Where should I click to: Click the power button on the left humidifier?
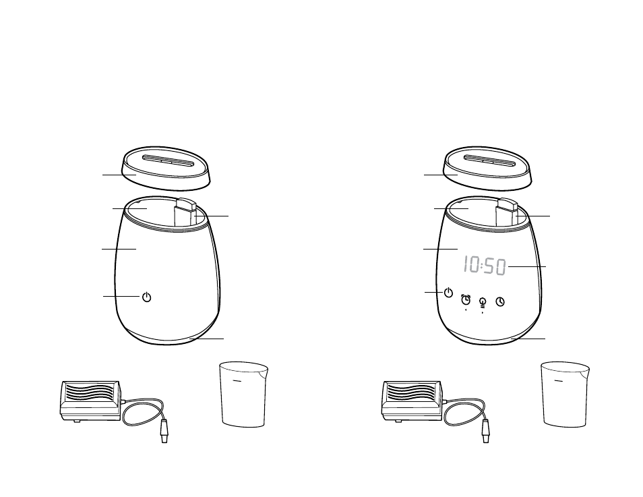coord(146,297)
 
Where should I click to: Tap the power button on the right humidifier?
coord(449,293)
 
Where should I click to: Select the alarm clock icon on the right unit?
coord(466,299)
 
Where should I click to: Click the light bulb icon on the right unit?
coord(483,302)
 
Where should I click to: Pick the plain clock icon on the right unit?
coord(500,301)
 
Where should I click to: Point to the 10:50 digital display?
coord(485,266)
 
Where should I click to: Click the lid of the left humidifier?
coord(166,168)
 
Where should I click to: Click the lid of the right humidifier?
coord(487,168)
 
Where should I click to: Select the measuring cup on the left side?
coord(243,394)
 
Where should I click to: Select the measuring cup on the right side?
coord(565,394)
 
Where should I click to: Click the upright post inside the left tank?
coord(185,212)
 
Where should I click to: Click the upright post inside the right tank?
coord(506,212)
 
